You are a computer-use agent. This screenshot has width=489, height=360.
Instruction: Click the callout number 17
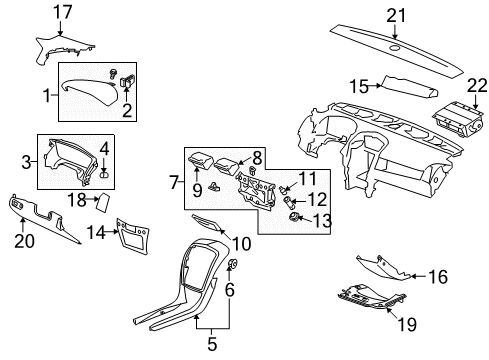click(62, 12)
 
